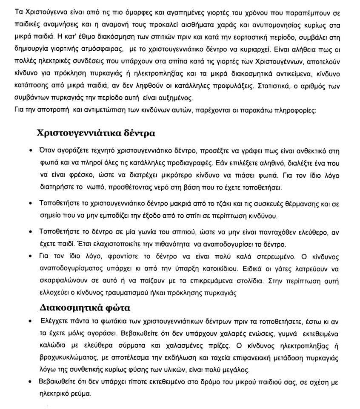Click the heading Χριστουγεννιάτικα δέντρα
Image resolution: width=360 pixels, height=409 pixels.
pos(96,133)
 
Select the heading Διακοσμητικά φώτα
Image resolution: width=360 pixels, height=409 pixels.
pos(85,307)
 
